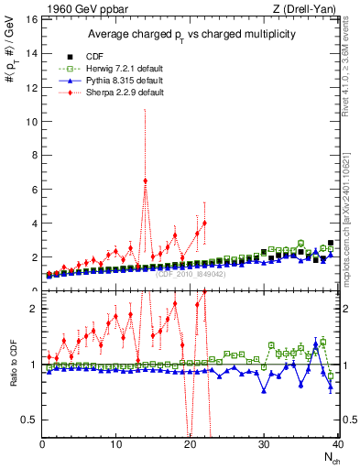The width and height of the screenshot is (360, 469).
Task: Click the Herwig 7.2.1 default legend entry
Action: [118, 67]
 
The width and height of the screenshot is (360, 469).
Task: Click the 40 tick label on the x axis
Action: [336, 445]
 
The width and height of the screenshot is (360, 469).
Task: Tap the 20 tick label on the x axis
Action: [190, 445]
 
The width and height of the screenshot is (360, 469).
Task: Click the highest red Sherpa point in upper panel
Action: [145, 180]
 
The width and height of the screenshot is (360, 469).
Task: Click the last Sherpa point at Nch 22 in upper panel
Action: [204, 223]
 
